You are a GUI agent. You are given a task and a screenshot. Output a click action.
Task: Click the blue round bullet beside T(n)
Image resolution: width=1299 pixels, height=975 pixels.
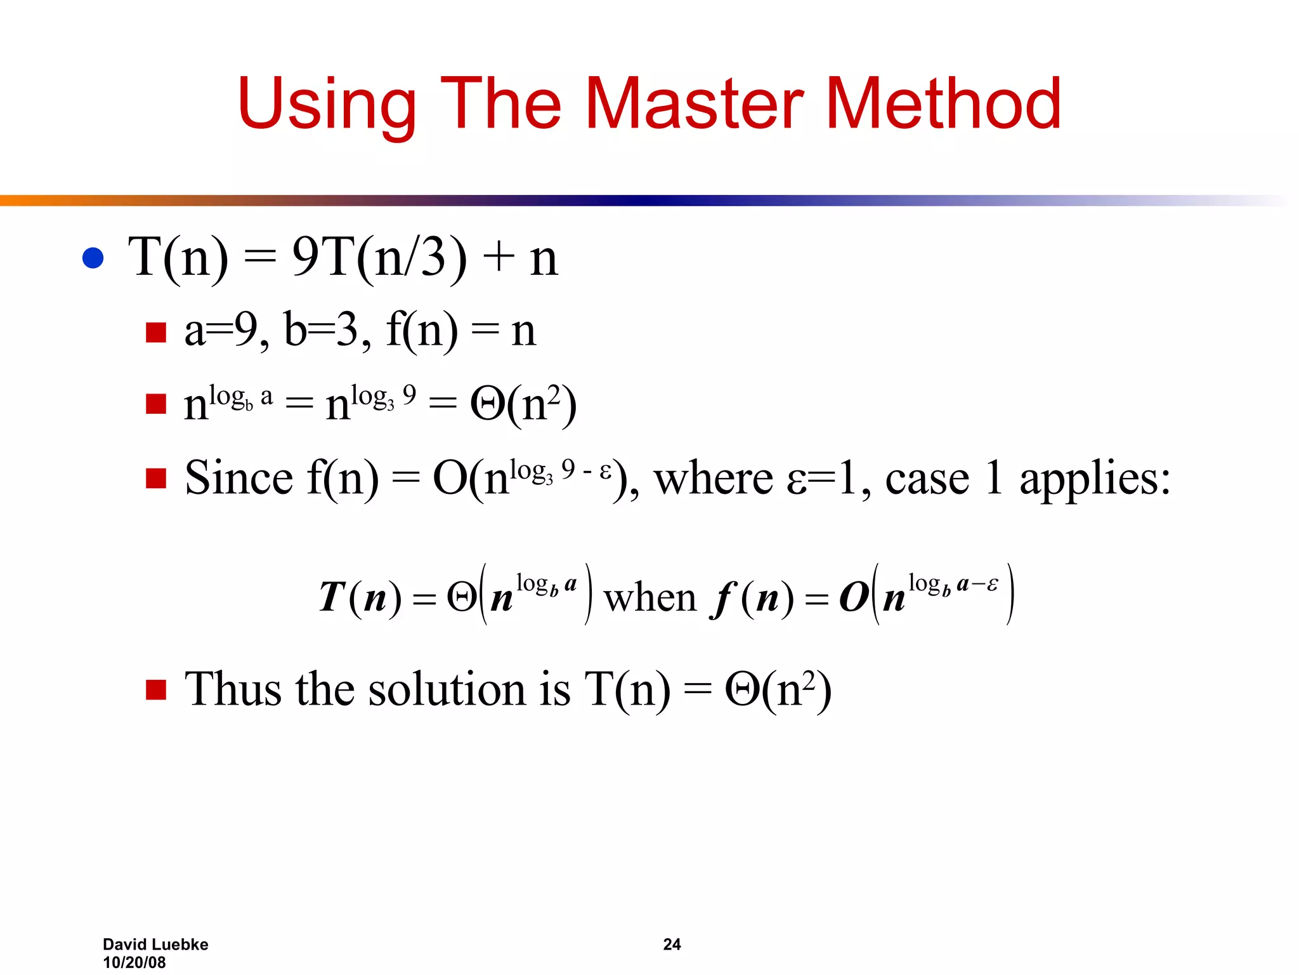tap(93, 258)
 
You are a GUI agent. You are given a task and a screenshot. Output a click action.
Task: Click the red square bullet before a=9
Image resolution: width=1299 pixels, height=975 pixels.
tap(155, 332)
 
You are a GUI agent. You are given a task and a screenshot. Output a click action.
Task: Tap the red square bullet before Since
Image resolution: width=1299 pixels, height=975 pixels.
tap(155, 479)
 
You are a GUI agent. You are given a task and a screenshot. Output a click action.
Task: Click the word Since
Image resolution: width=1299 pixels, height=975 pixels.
tap(239, 477)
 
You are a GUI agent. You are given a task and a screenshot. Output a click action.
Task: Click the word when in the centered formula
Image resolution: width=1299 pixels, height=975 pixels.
tap(650, 598)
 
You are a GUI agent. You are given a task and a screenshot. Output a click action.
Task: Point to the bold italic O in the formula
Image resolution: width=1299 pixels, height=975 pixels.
tap(853, 598)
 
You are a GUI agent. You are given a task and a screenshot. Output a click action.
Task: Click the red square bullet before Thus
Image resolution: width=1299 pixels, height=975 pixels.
tap(155, 690)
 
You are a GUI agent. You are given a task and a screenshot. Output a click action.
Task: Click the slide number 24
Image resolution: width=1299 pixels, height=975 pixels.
tap(672, 945)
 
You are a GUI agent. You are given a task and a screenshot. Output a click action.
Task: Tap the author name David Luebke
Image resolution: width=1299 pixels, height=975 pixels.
tap(155, 945)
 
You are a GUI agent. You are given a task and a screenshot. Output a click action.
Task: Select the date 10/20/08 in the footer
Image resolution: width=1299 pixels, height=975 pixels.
tap(134, 962)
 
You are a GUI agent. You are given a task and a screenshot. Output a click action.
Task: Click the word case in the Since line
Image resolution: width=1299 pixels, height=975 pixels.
tap(927, 479)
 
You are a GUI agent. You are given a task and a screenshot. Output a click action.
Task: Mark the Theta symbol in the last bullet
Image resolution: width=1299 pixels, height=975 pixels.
tap(742, 690)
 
